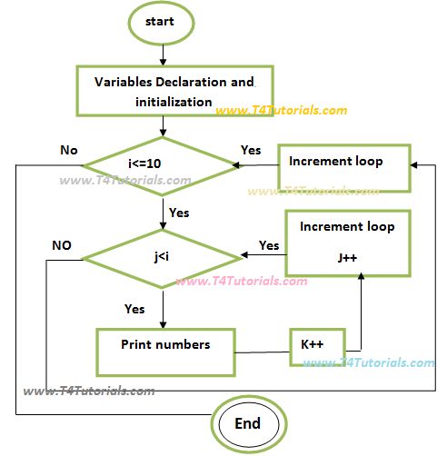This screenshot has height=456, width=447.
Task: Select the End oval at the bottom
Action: tap(248, 422)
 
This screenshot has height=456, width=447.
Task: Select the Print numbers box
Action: tap(164, 345)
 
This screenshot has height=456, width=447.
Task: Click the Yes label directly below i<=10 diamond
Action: tap(180, 213)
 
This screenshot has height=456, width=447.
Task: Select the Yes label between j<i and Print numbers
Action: tap(134, 309)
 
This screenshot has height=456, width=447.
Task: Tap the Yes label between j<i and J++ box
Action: tap(269, 245)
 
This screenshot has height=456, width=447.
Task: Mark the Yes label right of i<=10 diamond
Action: tap(251, 149)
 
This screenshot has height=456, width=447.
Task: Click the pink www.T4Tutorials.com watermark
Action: tap(242, 282)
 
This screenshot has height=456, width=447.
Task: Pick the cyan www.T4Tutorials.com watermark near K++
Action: tap(368, 362)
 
